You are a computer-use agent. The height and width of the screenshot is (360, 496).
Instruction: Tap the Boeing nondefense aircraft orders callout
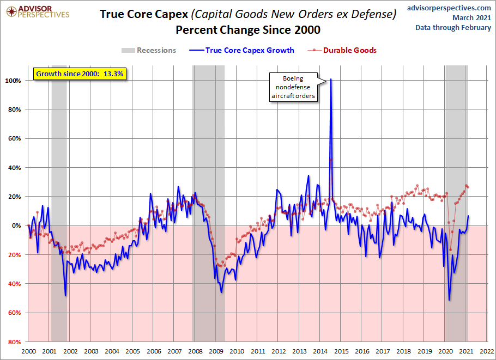tap(294, 87)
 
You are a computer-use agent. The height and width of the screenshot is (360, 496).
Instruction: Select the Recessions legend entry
tap(149, 50)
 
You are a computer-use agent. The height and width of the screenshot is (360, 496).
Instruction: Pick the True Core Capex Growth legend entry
tap(242, 50)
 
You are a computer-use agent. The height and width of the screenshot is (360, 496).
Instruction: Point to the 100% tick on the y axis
tap(13, 81)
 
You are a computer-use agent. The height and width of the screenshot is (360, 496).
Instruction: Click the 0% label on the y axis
tap(16, 225)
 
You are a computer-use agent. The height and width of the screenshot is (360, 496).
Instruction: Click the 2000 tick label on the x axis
tap(28, 352)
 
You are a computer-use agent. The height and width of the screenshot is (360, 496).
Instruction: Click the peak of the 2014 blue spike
tap(331, 80)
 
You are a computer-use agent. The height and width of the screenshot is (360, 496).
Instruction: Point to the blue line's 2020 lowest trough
tap(449, 300)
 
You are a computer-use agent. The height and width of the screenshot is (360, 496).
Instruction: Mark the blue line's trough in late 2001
tap(65, 296)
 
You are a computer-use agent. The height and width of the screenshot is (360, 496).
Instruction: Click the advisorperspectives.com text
tap(449, 8)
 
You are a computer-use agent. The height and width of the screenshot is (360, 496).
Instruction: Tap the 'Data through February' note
tap(453, 28)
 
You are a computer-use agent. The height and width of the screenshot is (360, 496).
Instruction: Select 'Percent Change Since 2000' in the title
tap(247, 29)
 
